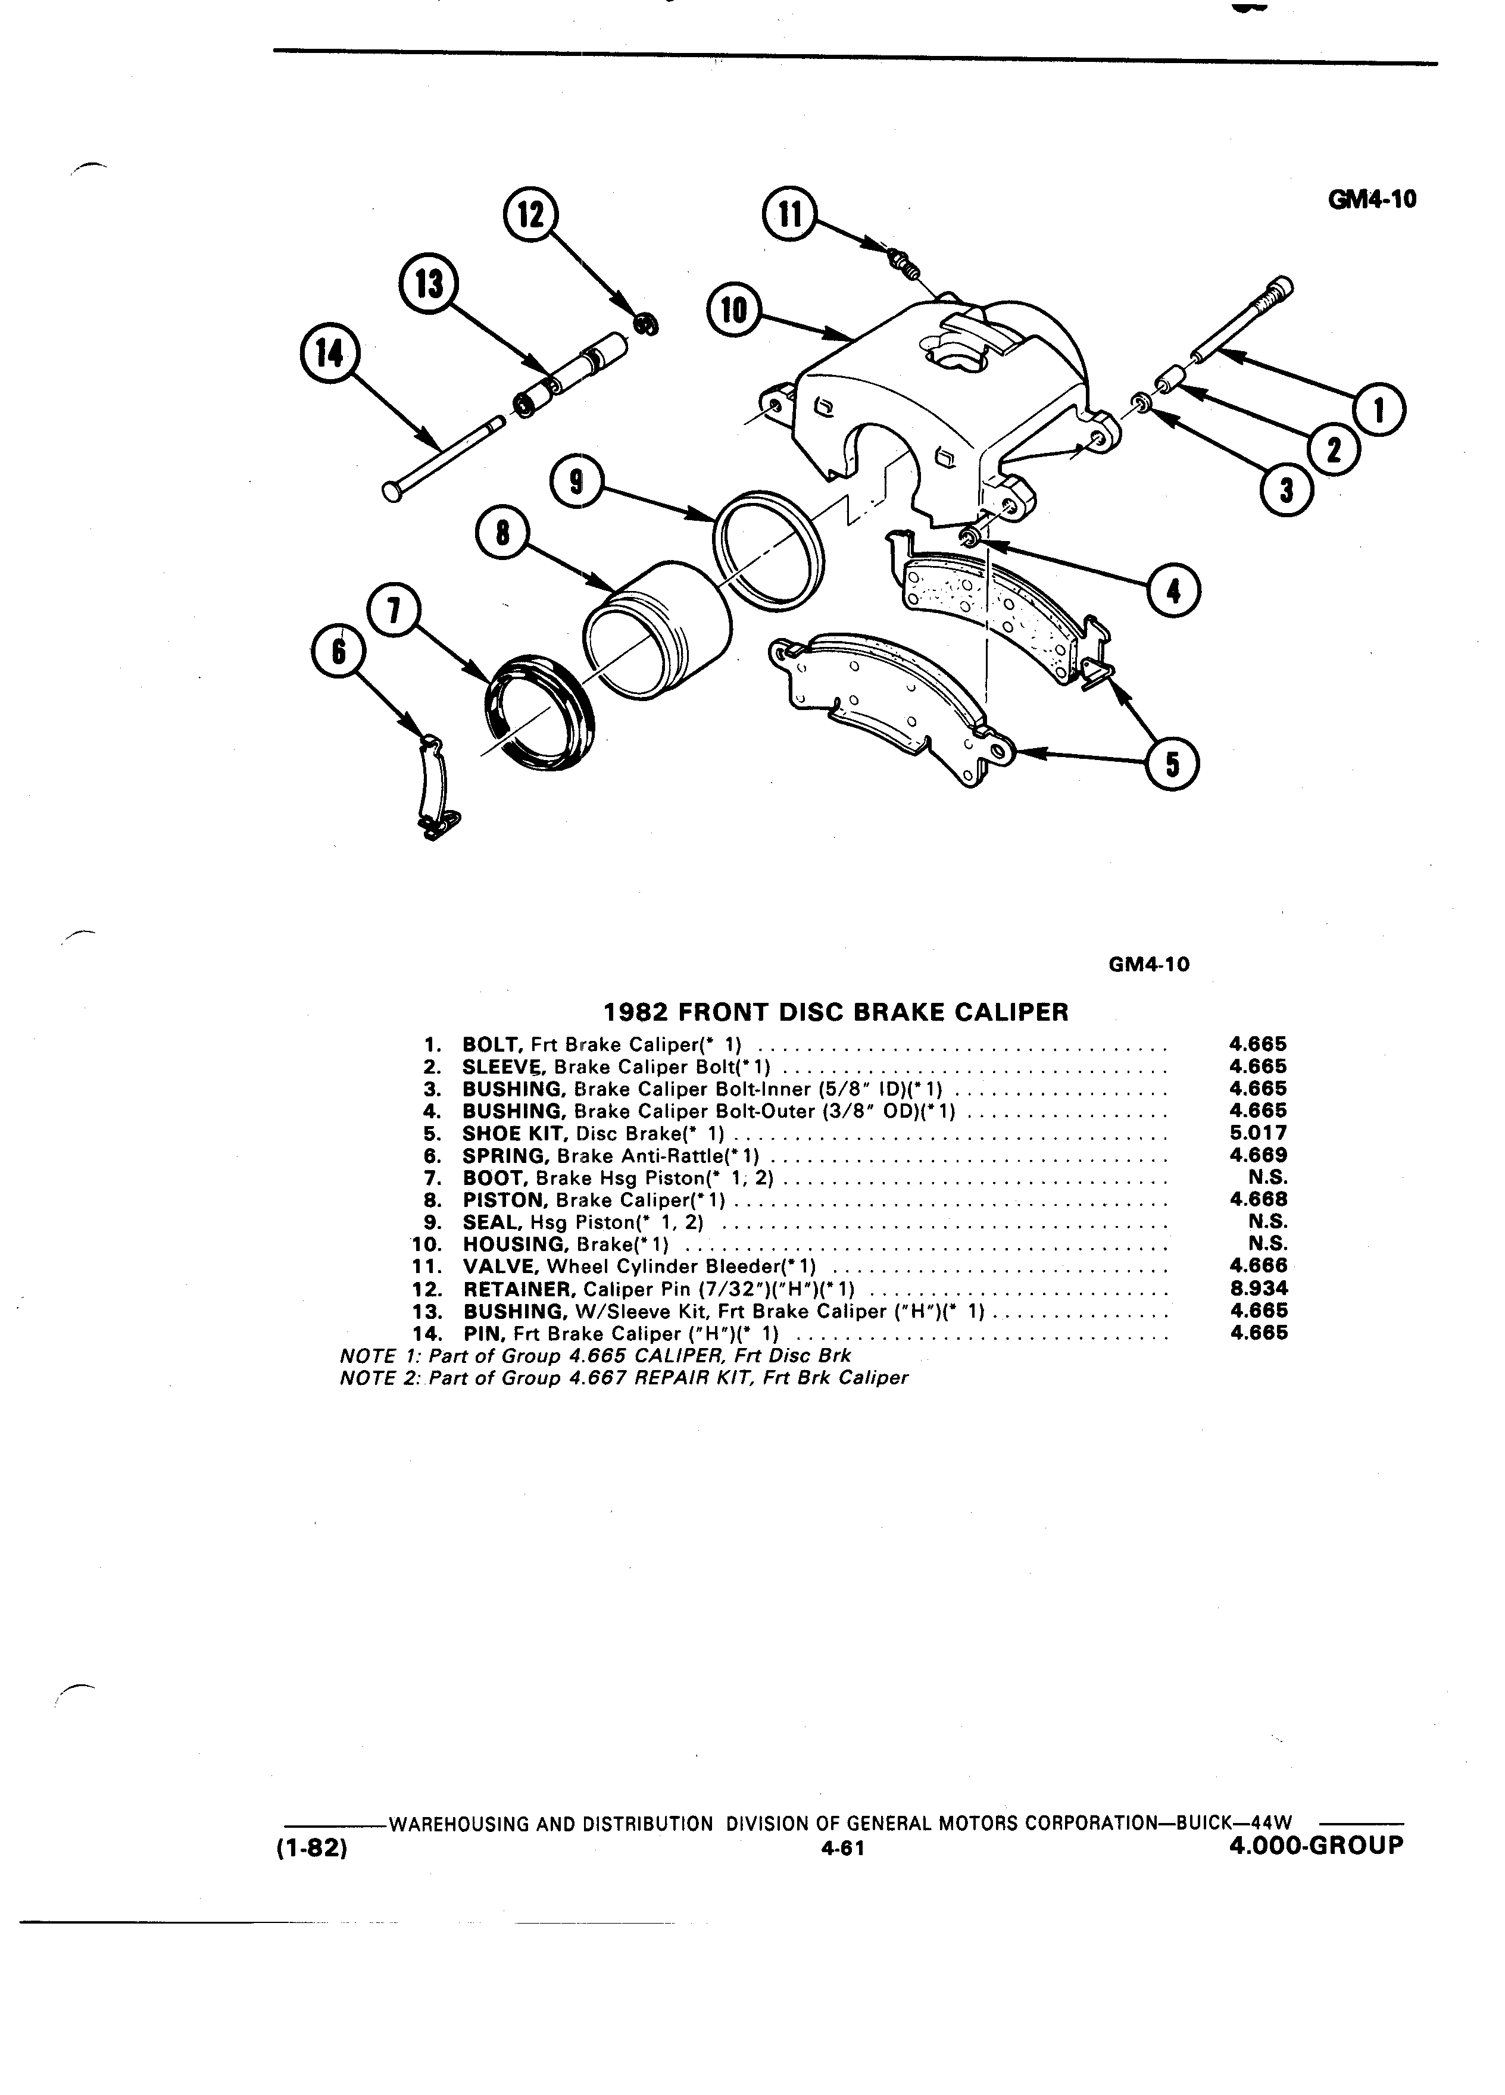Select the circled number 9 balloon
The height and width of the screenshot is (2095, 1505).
click(576, 484)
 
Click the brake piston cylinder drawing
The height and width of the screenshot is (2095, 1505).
click(658, 627)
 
